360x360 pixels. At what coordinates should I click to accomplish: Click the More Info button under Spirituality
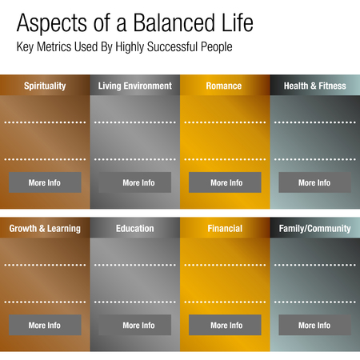point(45,182)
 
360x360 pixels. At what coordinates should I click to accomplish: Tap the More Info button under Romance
point(226,182)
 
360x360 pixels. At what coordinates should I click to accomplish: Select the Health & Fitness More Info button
point(314,182)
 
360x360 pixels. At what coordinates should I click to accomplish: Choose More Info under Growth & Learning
point(45,325)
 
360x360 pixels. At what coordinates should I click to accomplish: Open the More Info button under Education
point(138,325)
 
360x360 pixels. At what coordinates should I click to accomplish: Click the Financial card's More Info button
point(226,325)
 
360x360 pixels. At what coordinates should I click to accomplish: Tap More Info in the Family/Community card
point(314,325)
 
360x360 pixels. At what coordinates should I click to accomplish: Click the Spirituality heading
point(45,86)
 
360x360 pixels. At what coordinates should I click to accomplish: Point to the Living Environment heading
point(135,86)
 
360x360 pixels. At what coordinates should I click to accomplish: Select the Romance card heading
point(226,86)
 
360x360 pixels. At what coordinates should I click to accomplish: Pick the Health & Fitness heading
point(314,86)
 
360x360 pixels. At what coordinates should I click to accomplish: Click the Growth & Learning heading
point(45,228)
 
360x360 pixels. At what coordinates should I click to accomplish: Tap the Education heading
point(135,228)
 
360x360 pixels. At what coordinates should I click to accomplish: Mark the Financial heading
point(226,228)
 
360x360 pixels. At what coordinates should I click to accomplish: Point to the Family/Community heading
point(314,228)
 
